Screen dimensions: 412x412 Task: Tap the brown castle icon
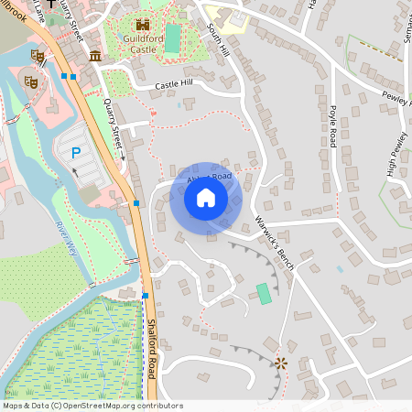click(142, 26)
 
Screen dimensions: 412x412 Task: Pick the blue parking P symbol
click(76, 153)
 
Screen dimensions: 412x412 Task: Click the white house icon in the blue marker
click(206, 197)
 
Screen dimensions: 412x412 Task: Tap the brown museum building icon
click(95, 57)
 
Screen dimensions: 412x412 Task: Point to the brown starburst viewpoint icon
click(280, 363)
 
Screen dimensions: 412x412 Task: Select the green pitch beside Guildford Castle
click(172, 38)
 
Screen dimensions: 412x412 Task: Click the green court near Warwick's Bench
click(264, 294)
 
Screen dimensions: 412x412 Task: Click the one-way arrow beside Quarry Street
click(123, 157)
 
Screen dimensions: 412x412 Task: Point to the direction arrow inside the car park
click(74, 169)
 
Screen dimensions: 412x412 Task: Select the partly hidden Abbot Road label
click(207, 177)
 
